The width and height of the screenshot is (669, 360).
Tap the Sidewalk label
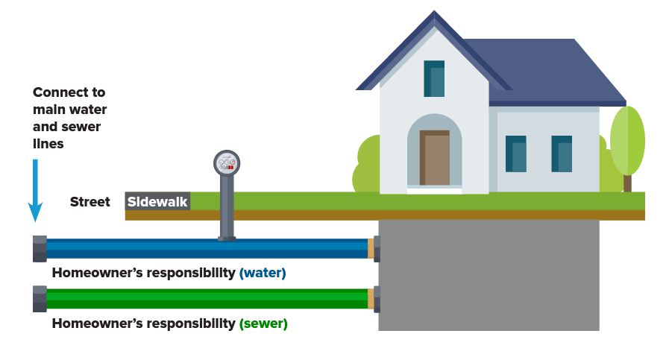(x=157, y=201)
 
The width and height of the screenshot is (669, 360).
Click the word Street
(x=90, y=202)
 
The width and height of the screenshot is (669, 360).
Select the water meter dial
(x=227, y=162)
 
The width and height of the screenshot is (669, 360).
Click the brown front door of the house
(x=434, y=158)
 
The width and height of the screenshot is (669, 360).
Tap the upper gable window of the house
(x=434, y=78)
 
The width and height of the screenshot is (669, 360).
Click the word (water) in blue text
(x=263, y=273)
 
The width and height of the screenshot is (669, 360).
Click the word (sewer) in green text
(x=263, y=323)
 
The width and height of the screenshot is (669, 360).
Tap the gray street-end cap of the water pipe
(x=40, y=248)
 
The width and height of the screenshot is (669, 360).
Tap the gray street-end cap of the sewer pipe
(x=40, y=298)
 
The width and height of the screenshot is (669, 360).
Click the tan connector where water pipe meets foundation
(x=371, y=248)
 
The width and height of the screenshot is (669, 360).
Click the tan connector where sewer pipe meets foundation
(x=371, y=298)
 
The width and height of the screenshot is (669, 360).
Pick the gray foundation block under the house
(x=489, y=276)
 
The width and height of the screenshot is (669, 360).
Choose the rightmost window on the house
(x=562, y=154)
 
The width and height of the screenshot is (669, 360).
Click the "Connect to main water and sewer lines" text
(x=69, y=117)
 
